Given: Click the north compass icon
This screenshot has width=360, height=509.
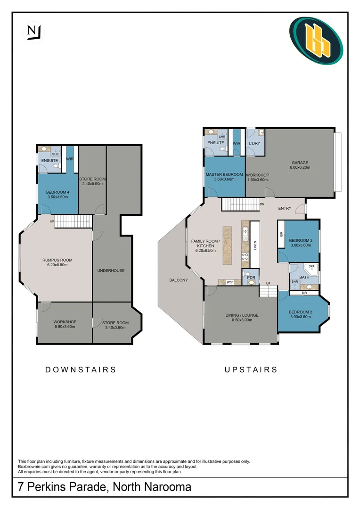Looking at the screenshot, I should click(33, 32).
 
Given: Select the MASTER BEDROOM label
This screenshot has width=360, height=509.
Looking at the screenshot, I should click(224, 174).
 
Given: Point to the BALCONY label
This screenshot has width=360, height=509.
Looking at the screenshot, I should click(179, 280).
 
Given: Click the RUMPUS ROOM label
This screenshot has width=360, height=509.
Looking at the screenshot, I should click(57, 260).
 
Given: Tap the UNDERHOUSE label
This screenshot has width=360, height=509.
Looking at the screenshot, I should click(111, 271).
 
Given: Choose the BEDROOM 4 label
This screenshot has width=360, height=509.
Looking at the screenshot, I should click(57, 192).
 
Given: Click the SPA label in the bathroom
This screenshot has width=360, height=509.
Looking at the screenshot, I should click(311, 267).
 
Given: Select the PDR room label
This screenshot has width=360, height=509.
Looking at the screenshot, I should click(251, 278).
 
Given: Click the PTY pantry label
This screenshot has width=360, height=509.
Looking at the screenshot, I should click(230, 282).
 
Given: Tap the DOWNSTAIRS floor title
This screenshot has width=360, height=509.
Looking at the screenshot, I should click(81, 369).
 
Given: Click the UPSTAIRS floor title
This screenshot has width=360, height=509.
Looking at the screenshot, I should click(251, 369).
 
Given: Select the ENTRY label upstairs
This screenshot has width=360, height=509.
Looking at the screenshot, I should click(285, 208).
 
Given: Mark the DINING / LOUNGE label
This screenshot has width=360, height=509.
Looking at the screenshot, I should click(242, 315).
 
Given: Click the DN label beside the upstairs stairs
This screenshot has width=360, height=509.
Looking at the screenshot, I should click(262, 204).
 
